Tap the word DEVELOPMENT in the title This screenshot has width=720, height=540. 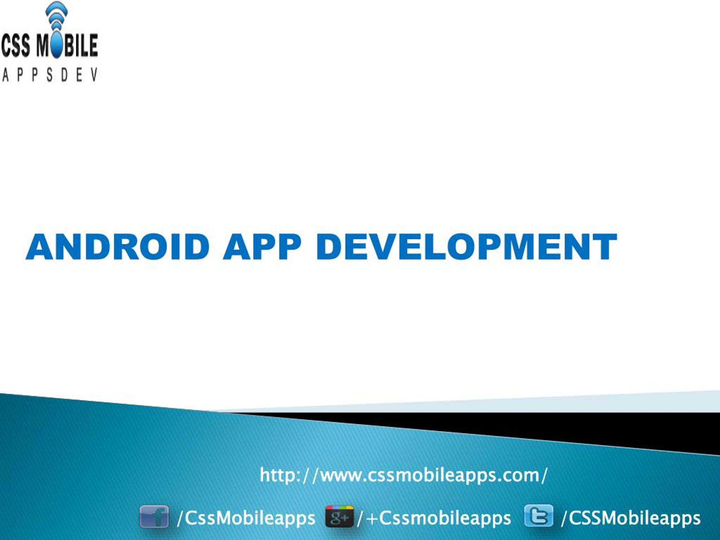[x=466, y=247]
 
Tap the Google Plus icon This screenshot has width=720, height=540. [x=339, y=517]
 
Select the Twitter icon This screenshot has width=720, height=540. [x=539, y=516]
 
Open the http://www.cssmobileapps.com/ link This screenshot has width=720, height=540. [x=404, y=476]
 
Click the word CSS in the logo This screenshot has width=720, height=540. [x=16, y=46]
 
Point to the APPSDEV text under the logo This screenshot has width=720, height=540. [x=49, y=75]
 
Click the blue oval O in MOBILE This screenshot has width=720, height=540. [x=57, y=45]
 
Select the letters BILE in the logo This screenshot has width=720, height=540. [x=81, y=46]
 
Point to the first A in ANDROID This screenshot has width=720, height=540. [x=40, y=247]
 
